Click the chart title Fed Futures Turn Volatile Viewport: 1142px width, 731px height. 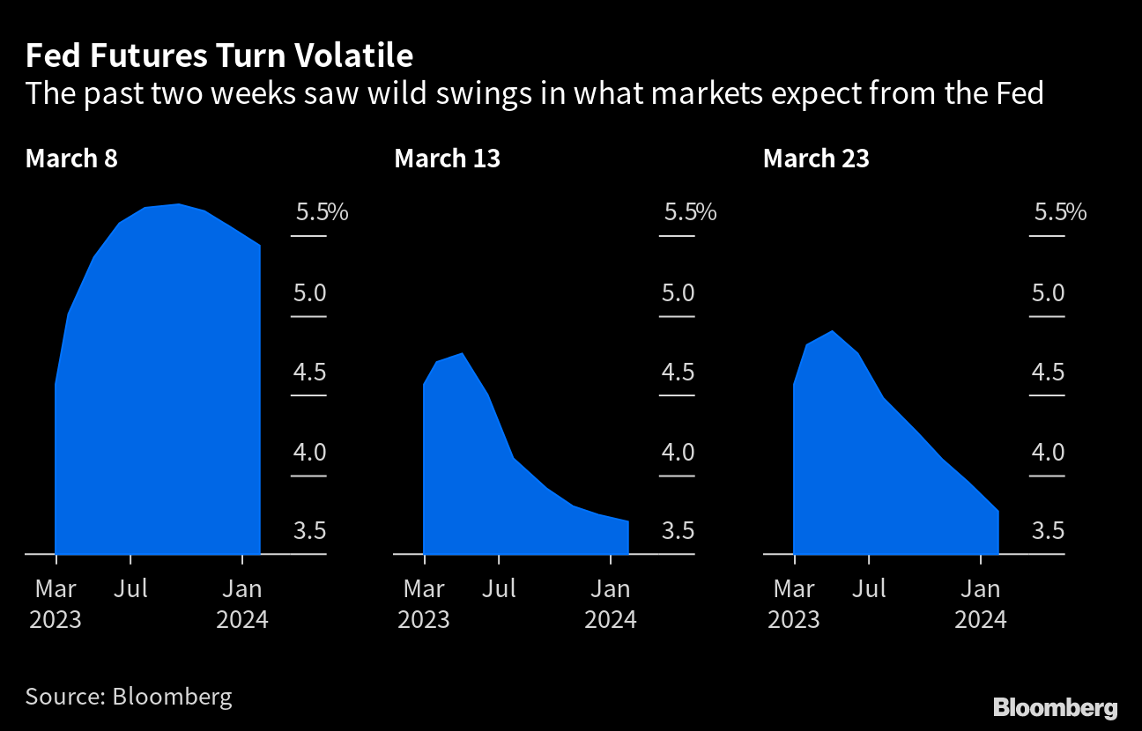tap(219, 56)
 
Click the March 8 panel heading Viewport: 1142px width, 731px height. tap(71, 159)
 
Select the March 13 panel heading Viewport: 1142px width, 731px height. tap(448, 159)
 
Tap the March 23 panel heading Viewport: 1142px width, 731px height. tap(816, 159)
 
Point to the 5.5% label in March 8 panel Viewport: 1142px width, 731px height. tap(321, 212)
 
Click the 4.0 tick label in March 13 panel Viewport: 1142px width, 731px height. tap(678, 453)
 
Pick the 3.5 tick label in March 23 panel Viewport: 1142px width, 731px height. tap(1048, 531)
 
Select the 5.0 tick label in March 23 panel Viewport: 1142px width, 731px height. tap(1048, 292)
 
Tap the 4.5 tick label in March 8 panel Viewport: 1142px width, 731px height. tap(308, 373)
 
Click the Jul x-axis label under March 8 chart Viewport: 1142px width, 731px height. tap(130, 588)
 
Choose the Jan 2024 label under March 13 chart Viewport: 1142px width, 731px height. tap(611, 604)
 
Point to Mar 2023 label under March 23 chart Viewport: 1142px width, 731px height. tap(794, 604)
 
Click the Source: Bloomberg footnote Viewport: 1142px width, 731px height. tap(129, 697)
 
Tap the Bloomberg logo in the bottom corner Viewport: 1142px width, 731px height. tap(1055, 706)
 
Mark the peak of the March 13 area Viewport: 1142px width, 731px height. tap(463, 353)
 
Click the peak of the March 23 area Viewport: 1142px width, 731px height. tap(833, 331)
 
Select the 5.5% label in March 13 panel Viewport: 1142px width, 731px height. tap(690, 212)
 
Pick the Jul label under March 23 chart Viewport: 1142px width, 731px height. tap(870, 588)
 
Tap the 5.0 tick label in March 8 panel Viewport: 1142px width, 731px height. tap(308, 292)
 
